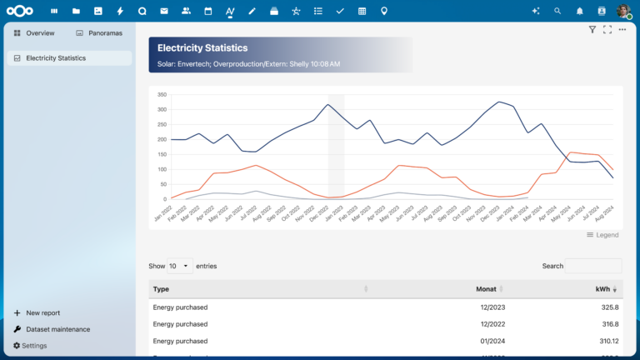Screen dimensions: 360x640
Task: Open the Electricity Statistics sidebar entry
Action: [55, 58]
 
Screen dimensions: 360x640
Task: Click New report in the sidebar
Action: [42, 312]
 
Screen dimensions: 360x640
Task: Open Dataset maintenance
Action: [57, 329]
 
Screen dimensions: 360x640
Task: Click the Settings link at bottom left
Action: [34, 346]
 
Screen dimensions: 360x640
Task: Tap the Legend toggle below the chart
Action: [602, 235]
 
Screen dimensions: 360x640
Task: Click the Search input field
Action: [593, 266]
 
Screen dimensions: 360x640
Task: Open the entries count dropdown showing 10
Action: [180, 266]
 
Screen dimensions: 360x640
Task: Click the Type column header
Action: [162, 289]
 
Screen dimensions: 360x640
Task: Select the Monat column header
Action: [486, 289]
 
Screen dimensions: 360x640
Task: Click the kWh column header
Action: [602, 289]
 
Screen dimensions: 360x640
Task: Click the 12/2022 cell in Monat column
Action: [492, 324]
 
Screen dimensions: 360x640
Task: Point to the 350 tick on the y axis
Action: [162, 94]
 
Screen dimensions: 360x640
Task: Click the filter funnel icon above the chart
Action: [592, 30]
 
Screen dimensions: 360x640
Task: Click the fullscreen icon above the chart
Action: [607, 30]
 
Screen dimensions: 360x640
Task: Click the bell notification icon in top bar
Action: [579, 11]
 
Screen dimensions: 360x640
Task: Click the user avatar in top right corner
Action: [623, 11]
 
